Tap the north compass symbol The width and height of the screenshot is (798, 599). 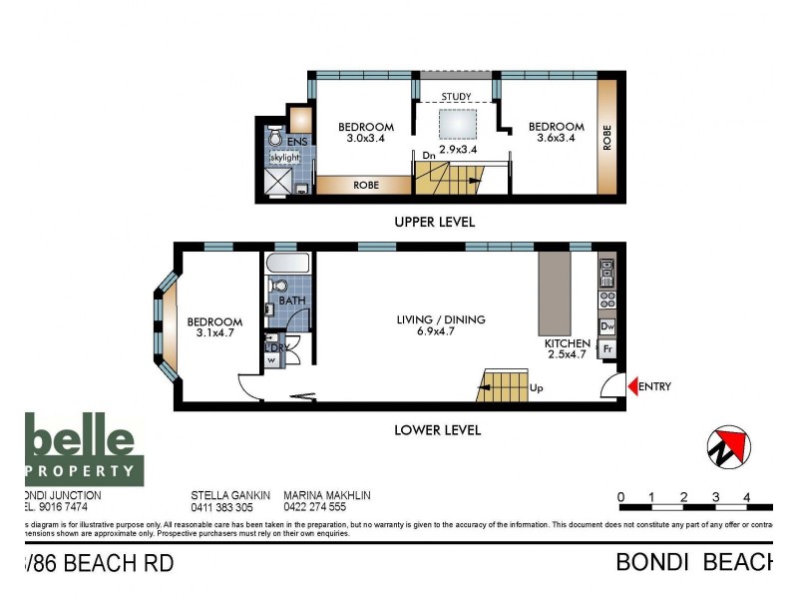pyautogui.click(x=727, y=446)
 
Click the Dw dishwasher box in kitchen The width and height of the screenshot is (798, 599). pyautogui.click(x=606, y=326)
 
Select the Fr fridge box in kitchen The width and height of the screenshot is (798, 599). pyautogui.click(x=606, y=349)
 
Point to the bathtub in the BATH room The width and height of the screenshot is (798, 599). pyautogui.click(x=288, y=267)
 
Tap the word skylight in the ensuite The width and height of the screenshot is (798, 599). pyautogui.click(x=283, y=158)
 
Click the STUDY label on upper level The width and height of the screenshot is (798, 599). pyautogui.click(x=456, y=97)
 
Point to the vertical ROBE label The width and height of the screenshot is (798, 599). pyautogui.click(x=606, y=137)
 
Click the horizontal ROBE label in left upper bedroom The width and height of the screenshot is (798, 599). pyautogui.click(x=366, y=185)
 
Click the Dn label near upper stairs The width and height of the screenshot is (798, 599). pyautogui.click(x=428, y=156)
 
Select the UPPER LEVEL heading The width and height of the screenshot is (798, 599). pyautogui.click(x=434, y=222)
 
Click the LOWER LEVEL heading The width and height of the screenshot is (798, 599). pyautogui.click(x=437, y=430)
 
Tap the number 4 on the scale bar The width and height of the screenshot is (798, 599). pyautogui.click(x=746, y=496)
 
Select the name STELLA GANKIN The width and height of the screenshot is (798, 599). pyautogui.click(x=230, y=494)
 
